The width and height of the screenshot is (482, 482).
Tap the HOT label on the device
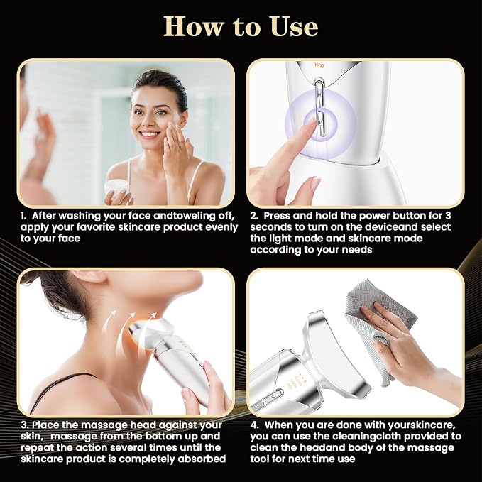click(319, 65)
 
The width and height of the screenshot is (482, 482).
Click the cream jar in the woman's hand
click(117, 188)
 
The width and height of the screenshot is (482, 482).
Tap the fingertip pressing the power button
click(311, 123)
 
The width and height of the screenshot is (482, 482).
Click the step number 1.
click(23, 216)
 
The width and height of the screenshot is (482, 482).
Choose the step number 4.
click(254, 425)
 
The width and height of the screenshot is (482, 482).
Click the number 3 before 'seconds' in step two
click(448, 216)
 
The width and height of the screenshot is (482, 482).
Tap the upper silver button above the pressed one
click(319, 89)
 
